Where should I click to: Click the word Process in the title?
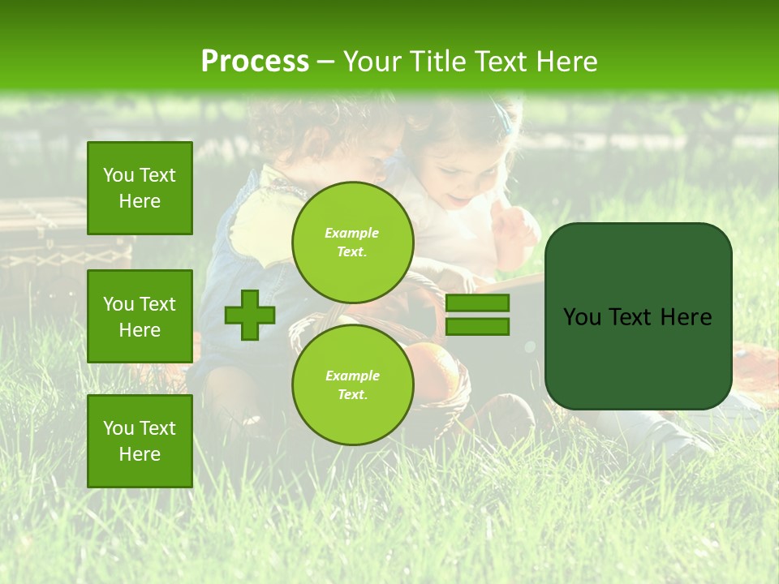pyautogui.click(x=255, y=62)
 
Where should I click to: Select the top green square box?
pyautogui.click(x=140, y=188)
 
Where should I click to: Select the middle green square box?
pyautogui.click(x=140, y=316)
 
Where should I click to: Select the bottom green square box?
pyautogui.click(x=140, y=441)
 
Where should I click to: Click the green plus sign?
pyautogui.click(x=250, y=315)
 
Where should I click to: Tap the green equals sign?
pyautogui.click(x=477, y=315)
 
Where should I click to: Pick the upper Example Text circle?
pyautogui.click(x=352, y=242)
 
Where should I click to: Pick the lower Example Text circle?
pyautogui.click(x=352, y=384)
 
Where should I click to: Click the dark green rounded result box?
pyautogui.click(x=638, y=316)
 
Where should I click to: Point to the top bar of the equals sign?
pyautogui.click(x=477, y=303)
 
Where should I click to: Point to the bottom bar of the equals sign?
pyautogui.click(x=477, y=327)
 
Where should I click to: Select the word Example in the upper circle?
pyautogui.click(x=352, y=233)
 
